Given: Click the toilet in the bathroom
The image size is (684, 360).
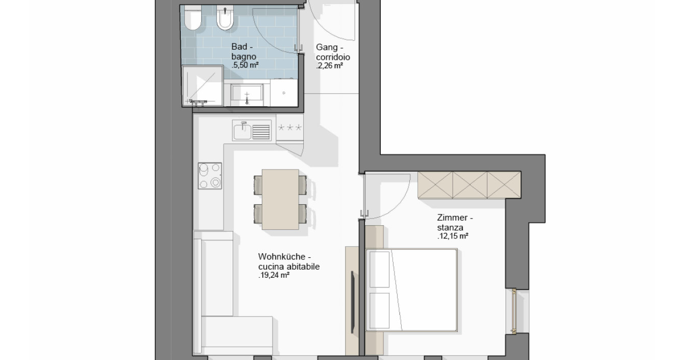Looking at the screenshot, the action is tap(192, 18).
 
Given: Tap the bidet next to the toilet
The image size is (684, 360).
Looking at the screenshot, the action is tap(225, 18).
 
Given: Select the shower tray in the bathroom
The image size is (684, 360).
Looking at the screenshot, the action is tap(203, 86).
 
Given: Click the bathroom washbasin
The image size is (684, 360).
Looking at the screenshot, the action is tap(247, 93).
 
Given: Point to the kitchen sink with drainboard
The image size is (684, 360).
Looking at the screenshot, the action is tap(252, 130).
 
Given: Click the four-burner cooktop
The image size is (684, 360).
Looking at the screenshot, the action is tap(210, 176).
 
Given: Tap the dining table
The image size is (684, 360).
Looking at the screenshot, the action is tap(280, 199).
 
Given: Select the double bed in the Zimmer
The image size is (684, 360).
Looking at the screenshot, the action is tap(411, 290).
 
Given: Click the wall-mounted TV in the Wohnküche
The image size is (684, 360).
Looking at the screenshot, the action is tap(353, 302).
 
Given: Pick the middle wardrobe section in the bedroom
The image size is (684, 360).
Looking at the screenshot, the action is tap(470, 185).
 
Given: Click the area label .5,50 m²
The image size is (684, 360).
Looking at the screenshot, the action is tap(245, 65).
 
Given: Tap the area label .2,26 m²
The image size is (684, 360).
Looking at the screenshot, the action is tap(329, 66).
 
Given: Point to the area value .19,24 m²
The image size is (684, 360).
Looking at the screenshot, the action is tap(274, 275).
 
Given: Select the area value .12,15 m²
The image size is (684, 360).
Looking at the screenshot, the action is tap(453, 236).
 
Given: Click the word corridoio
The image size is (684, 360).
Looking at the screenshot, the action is tap(333, 57).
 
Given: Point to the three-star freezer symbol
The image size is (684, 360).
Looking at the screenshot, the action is tap(290, 127).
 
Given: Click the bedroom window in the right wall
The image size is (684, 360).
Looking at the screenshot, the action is tap(514, 311).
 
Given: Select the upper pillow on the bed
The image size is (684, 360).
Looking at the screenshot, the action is tap(380, 269).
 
